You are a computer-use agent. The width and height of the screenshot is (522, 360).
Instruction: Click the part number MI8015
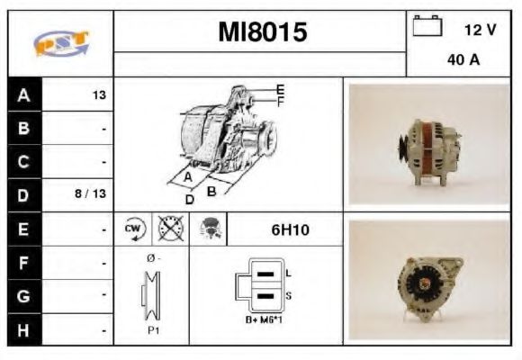(x=262, y=33)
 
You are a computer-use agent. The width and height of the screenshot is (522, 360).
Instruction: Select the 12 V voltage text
(x=480, y=30)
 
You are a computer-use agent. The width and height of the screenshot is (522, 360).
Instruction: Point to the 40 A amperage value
(x=462, y=61)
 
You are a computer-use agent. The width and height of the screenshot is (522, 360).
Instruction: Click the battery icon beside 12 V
(x=426, y=27)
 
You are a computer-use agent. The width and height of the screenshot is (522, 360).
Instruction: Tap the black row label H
(x=23, y=328)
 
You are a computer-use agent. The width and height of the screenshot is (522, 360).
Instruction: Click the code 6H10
(x=290, y=229)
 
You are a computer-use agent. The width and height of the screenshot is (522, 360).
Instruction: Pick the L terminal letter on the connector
(x=288, y=273)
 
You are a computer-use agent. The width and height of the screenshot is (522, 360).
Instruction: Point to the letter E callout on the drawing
(x=280, y=88)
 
